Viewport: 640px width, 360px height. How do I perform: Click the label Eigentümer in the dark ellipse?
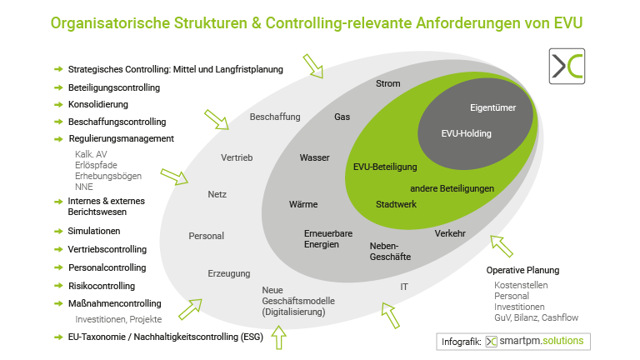(x=492, y=107)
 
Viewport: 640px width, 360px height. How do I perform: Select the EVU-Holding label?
(x=466, y=133)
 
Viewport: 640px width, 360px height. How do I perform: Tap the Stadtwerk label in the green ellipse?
(x=396, y=204)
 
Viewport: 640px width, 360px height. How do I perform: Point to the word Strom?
(x=388, y=83)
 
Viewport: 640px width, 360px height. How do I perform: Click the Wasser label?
(x=315, y=157)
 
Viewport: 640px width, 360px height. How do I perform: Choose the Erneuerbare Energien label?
(x=321, y=239)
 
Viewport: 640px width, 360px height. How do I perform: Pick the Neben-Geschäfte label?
(x=390, y=252)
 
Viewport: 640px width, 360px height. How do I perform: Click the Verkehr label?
(x=450, y=233)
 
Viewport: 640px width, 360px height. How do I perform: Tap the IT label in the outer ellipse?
(x=404, y=287)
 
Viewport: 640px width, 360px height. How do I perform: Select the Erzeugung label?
(x=228, y=273)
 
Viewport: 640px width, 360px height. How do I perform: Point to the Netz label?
(x=217, y=195)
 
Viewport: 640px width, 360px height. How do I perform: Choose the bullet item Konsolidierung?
(x=98, y=104)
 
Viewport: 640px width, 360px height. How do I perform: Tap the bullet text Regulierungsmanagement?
(x=121, y=138)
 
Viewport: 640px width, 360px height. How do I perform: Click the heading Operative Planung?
(x=522, y=270)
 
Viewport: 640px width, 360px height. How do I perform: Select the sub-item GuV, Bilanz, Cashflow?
(x=536, y=317)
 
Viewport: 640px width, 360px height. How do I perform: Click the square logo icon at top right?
(x=567, y=65)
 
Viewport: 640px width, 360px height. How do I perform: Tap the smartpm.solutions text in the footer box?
(x=546, y=342)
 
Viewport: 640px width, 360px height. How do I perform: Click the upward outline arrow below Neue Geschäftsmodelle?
(x=278, y=337)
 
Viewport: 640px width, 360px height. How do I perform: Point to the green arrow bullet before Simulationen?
(x=58, y=231)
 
